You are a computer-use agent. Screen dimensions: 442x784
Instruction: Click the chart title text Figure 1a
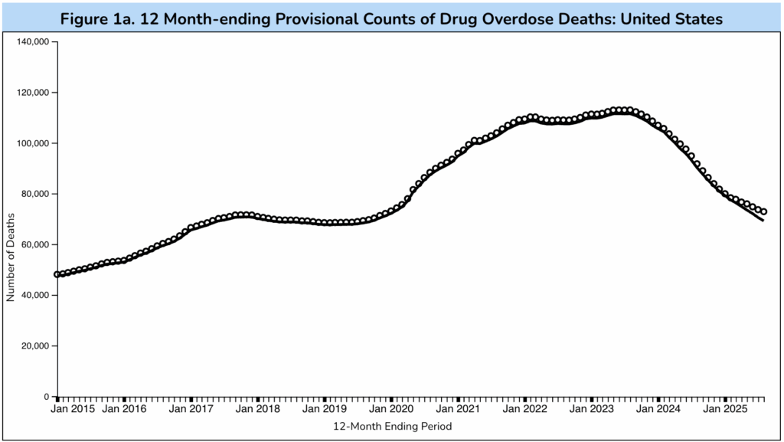[x=391, y=18]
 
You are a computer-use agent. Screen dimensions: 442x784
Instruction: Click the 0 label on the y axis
[x=47, y=397]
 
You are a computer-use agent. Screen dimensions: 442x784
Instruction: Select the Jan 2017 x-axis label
[x=191, y=410]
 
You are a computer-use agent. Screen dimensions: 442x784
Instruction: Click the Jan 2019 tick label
[x=325, y=410]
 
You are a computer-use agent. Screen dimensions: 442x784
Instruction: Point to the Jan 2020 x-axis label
[x=392, y=410]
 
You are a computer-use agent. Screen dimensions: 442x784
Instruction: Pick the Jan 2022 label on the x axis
[x=525, y=410]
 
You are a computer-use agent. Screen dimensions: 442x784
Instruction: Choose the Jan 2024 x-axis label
[x=659, y=410]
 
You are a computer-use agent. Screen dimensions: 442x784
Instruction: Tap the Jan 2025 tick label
[x=726, y=410]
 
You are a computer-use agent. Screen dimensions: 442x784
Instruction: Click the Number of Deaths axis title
[x=11, y=257]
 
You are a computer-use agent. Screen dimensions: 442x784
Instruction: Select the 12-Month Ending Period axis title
[x=392, y=426]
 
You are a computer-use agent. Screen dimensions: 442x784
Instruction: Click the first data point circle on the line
[x=57, y=274]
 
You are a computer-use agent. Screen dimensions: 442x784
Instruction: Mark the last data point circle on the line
[x=763, y=211]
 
